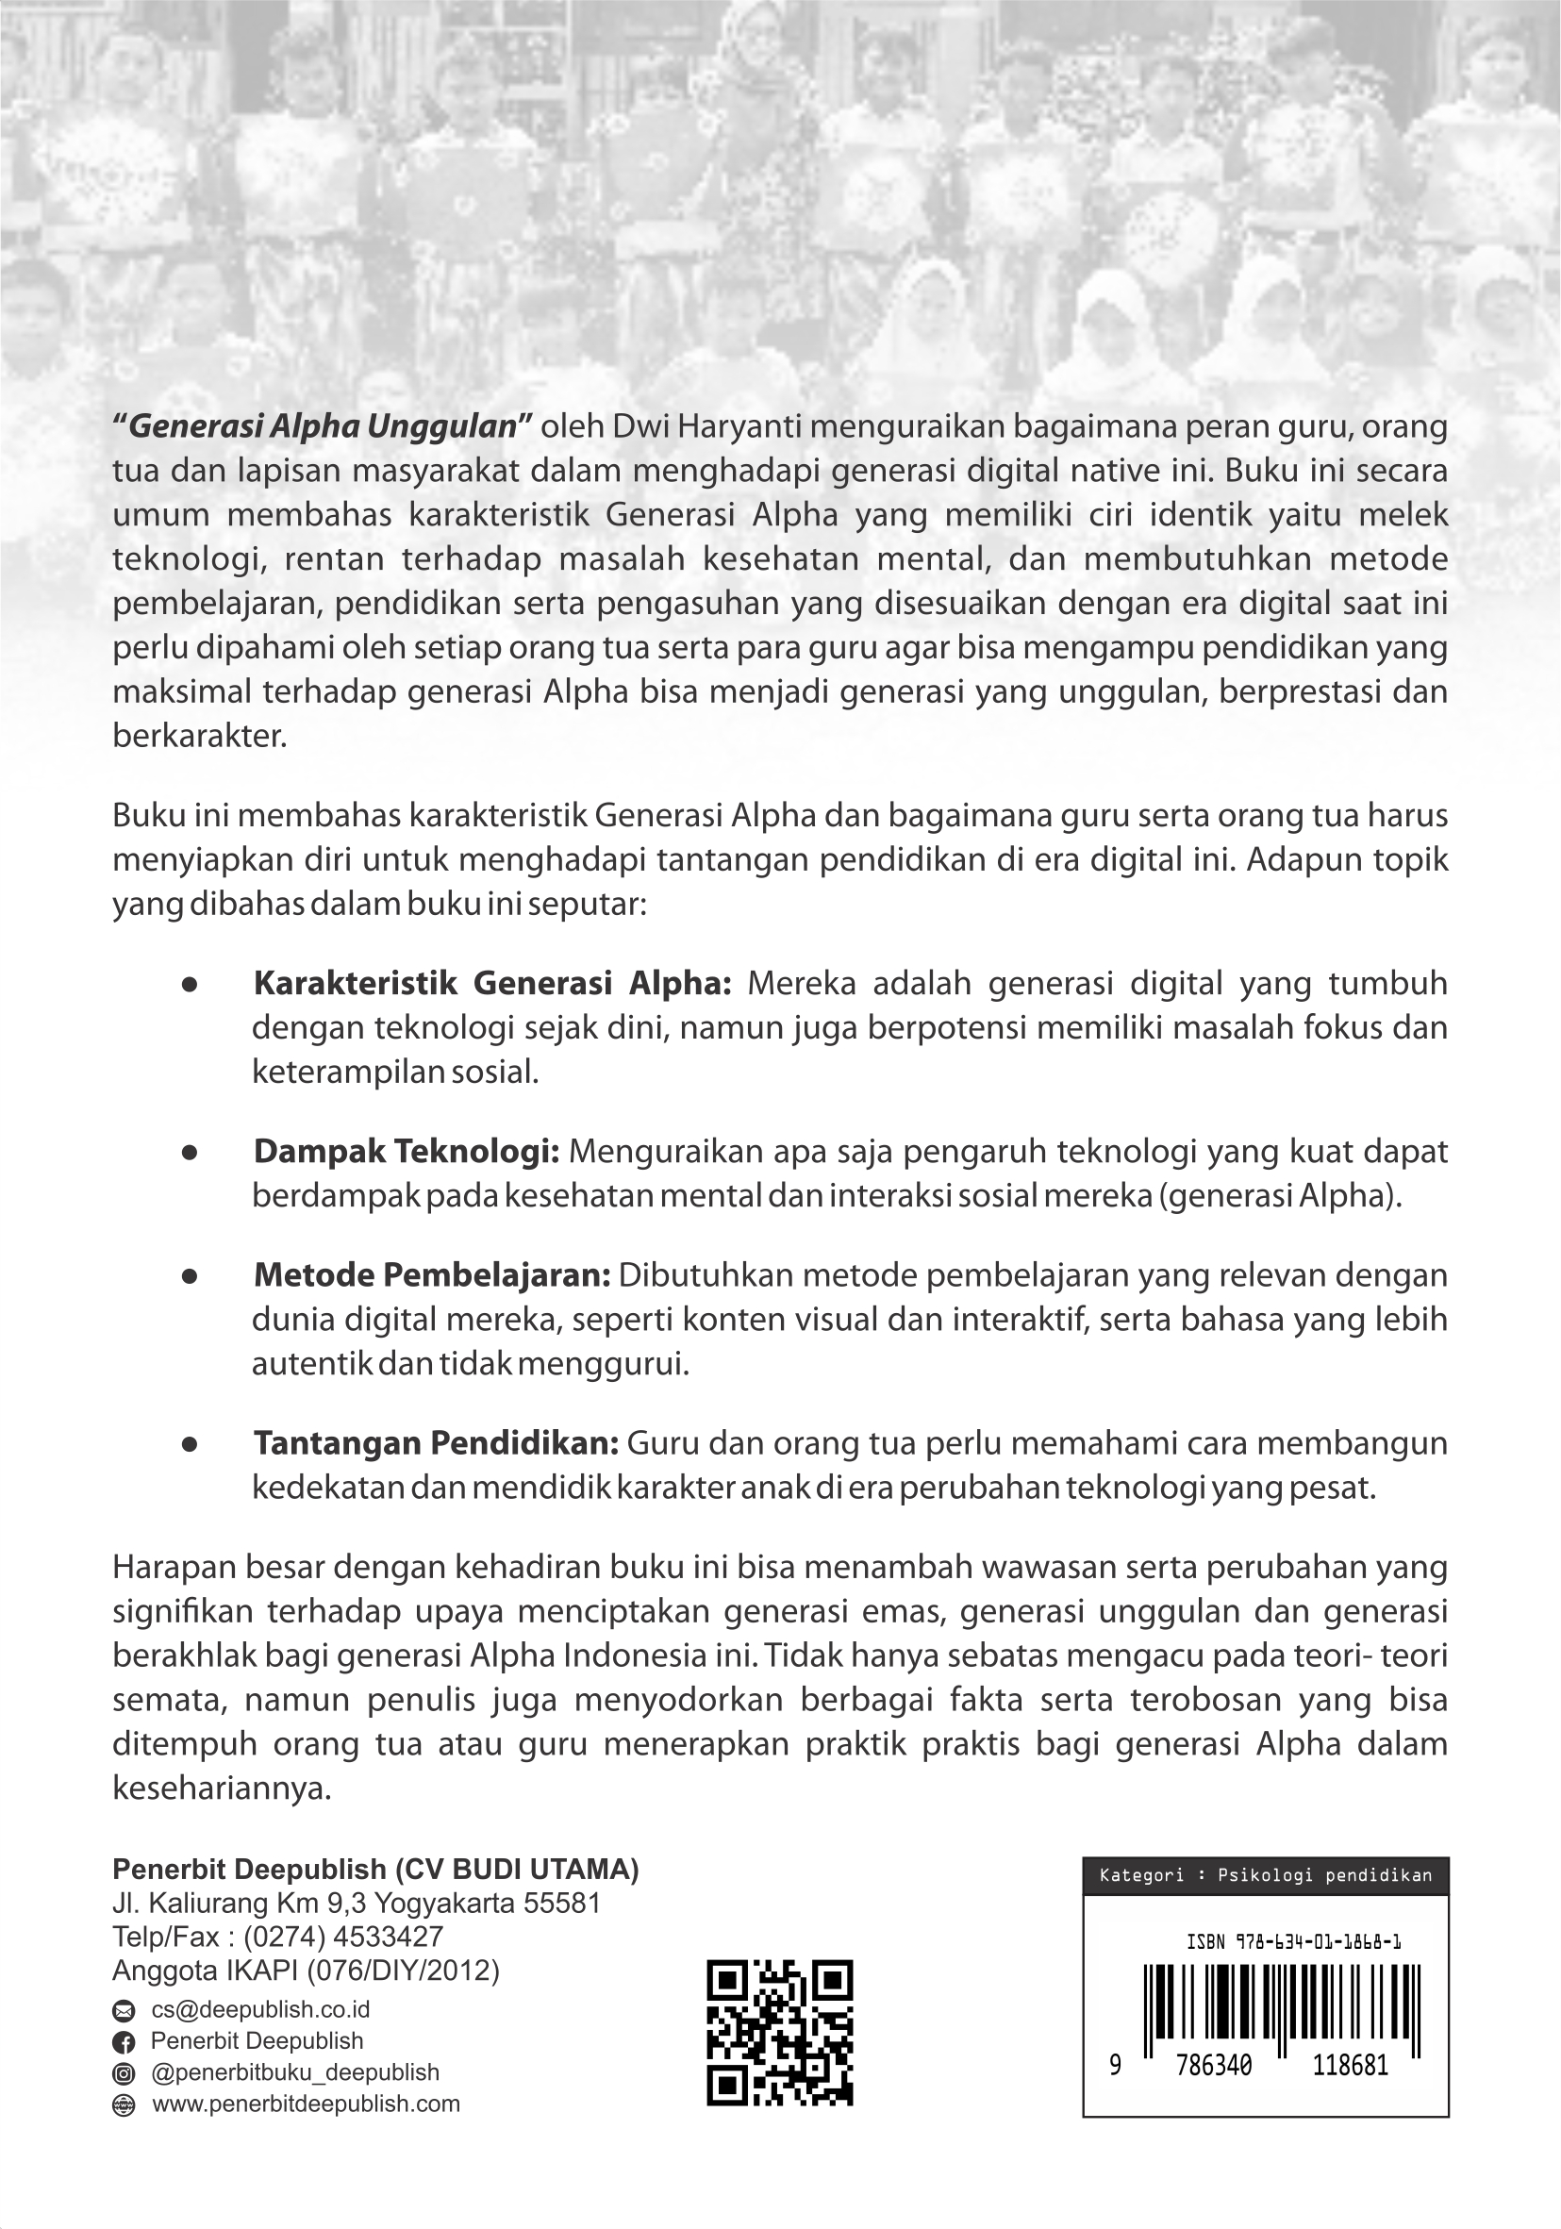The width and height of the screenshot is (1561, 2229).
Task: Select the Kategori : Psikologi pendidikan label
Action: (1265, 1875)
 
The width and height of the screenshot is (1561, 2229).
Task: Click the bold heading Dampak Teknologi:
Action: (406, 1152)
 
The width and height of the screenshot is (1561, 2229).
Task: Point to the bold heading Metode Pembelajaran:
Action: (432, 1274)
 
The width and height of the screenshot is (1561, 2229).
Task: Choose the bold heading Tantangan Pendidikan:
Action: (436, 1443)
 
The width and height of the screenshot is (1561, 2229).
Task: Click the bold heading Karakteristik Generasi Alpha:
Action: (492, 984)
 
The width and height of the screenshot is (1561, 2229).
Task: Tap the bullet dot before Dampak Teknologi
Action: (191, 1153)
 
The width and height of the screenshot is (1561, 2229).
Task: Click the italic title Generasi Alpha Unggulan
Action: (323, 426)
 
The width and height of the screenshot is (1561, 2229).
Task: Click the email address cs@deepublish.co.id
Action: (260, 2009)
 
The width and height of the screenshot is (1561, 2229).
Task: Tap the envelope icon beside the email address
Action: (125, 2010)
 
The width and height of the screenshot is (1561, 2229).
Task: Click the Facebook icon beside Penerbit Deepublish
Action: (125, 2041)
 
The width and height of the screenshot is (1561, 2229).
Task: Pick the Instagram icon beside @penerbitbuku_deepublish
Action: (125, 2073)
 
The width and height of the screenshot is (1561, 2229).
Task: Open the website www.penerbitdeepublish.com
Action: (306, 2104)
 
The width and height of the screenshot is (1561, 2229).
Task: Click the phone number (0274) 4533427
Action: (343, 1937)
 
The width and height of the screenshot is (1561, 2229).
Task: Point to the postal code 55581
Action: (562, 1903)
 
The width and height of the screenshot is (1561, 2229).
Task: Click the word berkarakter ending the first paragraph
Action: (199, 736)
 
